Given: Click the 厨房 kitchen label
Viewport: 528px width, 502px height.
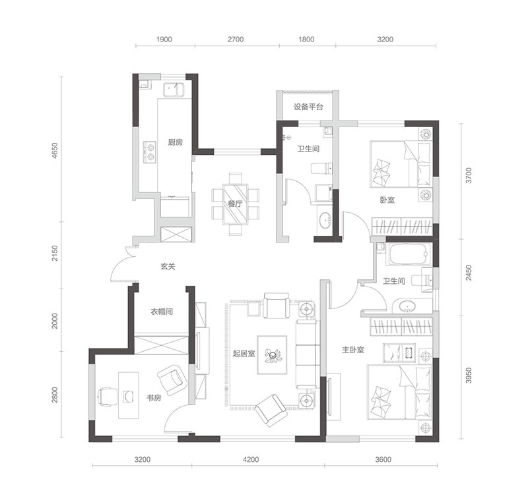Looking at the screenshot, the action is pos(175,142).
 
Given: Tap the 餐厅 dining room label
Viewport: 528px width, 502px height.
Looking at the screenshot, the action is pos(235,204).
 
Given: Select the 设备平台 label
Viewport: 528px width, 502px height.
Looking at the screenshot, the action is pos(308,107).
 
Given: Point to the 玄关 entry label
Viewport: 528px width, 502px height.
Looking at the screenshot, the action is pos(168,266).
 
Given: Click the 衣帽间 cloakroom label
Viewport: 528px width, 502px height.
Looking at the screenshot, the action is pos(162,312).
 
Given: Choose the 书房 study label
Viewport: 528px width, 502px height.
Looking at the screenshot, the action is pos(154,398).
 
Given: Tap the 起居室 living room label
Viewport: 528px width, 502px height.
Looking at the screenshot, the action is pos(244,354).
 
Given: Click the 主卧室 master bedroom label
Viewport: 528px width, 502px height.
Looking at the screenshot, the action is pos(353,350).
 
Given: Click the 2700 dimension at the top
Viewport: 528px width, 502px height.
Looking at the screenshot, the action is pos(236,40).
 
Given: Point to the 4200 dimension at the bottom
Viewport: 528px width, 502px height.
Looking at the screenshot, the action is pos(251,459).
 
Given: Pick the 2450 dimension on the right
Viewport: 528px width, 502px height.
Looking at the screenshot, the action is pos(469,273).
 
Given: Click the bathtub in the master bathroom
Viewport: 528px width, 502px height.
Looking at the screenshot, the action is pos(409,254).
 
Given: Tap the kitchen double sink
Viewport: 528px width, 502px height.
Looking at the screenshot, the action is pos(174,90).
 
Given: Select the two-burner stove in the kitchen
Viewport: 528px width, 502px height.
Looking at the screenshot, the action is pos(150,152).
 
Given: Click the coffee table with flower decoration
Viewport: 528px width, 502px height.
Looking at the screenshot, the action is pos(272,354).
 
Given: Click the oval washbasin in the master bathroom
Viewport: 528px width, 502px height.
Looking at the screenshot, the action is pos(407,307).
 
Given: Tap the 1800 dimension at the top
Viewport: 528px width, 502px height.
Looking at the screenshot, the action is pos(306,40).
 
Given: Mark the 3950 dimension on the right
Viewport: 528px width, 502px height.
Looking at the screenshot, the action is pos(469,376).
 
